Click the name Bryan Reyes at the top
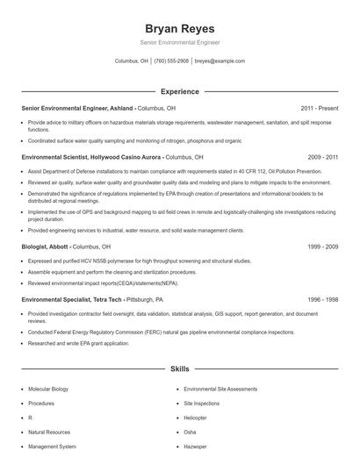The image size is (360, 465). pyautogui.click(x=179, y=28)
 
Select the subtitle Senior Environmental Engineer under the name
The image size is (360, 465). pyautogui.click(x=179, y=42)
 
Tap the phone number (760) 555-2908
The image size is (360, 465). pyautogui.click(x=171, y=61)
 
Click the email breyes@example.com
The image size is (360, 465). pyautogui.click(x=220, y=61)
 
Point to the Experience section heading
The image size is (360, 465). pyautogui.click(x=179, y=91)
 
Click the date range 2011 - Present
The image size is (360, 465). pyautogui.click(x=320, y=108)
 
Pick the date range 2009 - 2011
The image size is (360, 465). pyautogui.click(x=322, y=155)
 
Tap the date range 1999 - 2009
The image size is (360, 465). pyautogui.click(x=322, y=247)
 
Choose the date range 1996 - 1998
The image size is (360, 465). pyautogui.click(x=322, y=299)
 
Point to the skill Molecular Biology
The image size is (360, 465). pyautogui.click(x=48, y=389)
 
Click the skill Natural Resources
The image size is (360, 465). pyautogui.click(x=48, y=433)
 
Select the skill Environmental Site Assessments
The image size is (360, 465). pyautogui.click(x=220, y=389)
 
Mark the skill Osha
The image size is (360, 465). pyautogui.click(x=191, y=433)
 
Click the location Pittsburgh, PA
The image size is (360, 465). pyautogui.click(x=152, y=299)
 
